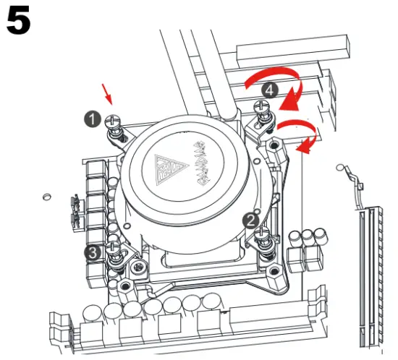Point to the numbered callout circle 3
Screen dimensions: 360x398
point(93,252)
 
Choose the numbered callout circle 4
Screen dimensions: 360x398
point(269,90)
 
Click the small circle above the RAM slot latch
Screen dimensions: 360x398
point(340,168)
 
